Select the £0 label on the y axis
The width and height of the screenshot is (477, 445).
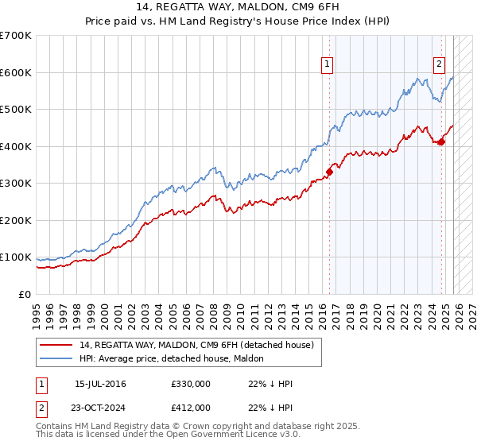click(24, 294)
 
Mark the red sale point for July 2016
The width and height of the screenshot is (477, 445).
click(328, 171)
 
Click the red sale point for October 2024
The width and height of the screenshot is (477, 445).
click(441, 141)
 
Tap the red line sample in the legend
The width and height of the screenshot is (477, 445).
click(56, 345)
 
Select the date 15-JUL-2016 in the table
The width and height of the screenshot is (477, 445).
click(100, 384)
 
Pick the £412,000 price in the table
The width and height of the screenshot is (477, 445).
click(190, 407)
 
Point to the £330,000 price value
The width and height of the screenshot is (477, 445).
click(190, 384)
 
